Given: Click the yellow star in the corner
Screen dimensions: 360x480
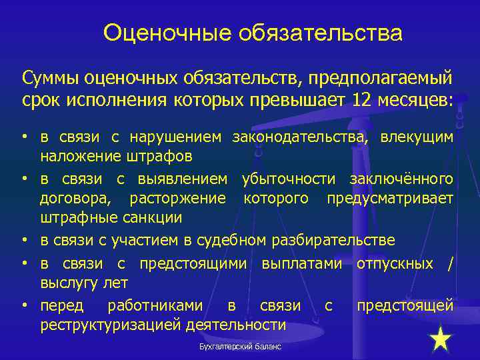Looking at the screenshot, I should tap(441, 339).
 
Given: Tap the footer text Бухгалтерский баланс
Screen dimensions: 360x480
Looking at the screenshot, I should tap(240, 347).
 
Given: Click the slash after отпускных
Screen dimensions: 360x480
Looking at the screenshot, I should tap(451, 264).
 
